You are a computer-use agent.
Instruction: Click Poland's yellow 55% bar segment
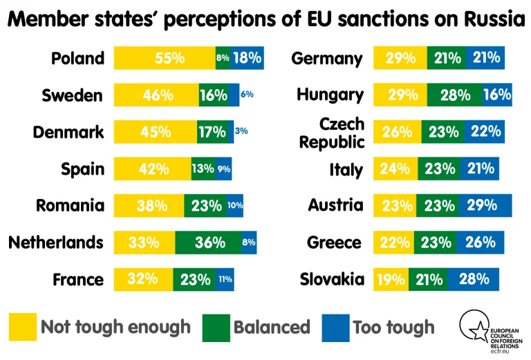(x=165, y=58)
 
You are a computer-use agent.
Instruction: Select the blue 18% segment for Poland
(x=247, y=58)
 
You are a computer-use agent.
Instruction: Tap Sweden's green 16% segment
(x=213, y=95)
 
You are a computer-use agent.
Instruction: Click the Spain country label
(x=82, y=169)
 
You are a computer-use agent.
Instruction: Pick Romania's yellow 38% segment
(x=149, y=205)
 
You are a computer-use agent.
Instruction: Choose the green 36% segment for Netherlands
(x=209, y=243)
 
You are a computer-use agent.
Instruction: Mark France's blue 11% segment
(x=225, y=280)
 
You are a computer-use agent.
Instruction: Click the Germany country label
(x=327, y=58)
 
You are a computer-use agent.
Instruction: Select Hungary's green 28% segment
(x=454, y=95)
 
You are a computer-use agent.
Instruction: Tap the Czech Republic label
(x=341, y=133)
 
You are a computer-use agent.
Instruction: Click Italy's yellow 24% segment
(x=395, y=169)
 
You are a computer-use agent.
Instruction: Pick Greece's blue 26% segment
(x=479, y=243)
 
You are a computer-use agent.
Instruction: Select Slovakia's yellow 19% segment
(x=391, y=280)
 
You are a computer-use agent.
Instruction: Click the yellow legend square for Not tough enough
(x=22, y=326)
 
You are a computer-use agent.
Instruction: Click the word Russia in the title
(x=490, y=20)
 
